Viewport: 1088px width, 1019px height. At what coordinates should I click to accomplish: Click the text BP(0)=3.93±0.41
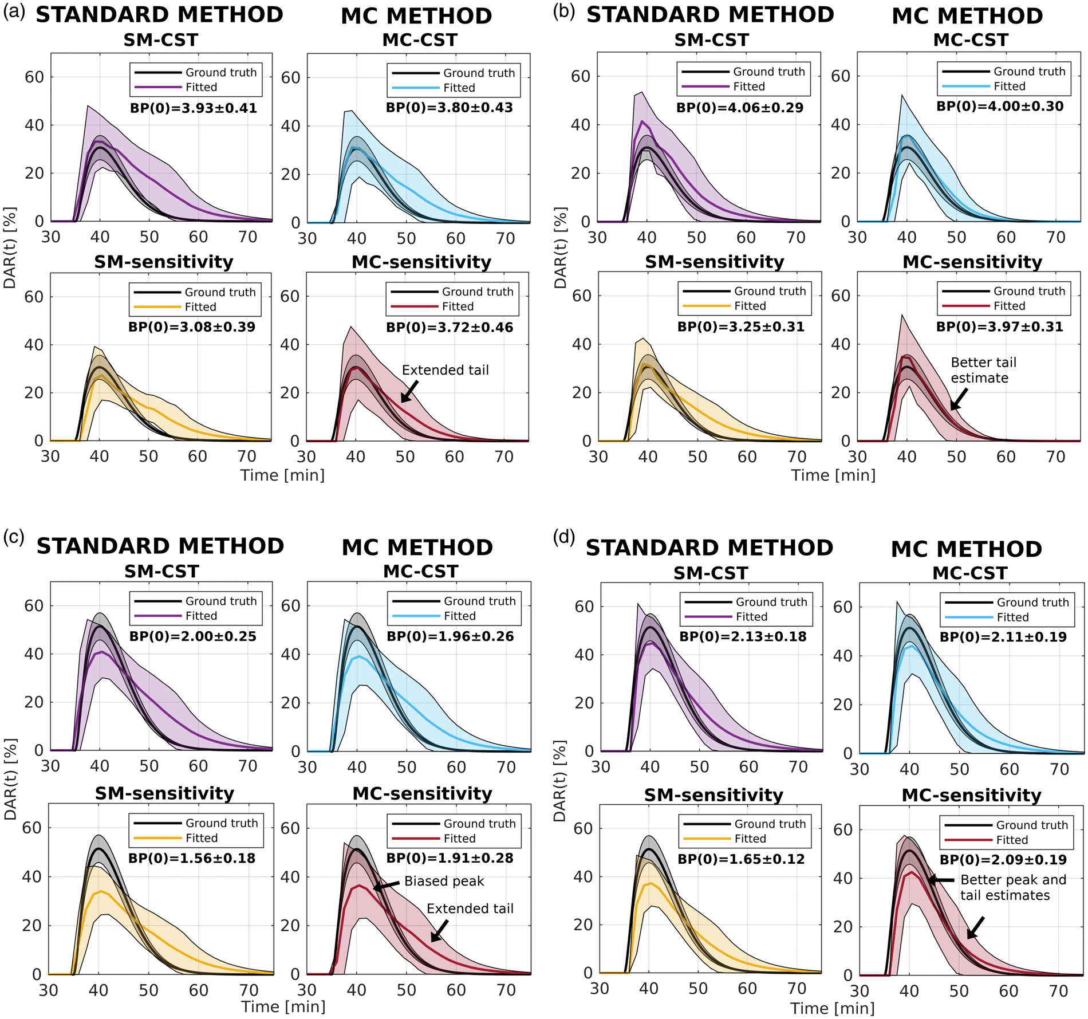[x=194, y=108]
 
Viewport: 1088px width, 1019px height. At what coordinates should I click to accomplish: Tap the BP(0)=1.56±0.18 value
[x=192, y=858]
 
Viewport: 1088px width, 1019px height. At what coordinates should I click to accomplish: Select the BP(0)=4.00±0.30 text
[x=1000, y=107]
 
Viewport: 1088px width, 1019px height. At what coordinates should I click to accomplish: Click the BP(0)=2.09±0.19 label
[x=1003, y=860]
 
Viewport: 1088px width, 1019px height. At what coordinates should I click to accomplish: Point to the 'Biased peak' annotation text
[x=444, y=881]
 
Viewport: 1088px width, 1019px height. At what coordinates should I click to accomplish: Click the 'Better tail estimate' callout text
[x=984, y=370]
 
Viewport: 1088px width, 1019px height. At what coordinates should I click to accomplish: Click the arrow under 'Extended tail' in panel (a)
[x=409, y=392]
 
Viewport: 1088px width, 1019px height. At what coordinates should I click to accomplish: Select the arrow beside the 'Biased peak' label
[x=387, y=886]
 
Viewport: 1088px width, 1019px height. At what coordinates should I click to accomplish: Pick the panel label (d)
[x=564, y=537]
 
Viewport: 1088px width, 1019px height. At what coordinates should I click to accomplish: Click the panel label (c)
[x=14, y=537]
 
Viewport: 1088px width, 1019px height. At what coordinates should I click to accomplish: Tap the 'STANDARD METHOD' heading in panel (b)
[x=710, y=15]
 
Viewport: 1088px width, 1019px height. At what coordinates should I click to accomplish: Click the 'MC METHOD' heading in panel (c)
[x=417, y=548]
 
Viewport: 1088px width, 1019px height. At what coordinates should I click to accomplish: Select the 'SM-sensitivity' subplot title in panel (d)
[x=713, y=795]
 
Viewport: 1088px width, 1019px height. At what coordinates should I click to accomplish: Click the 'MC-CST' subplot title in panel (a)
[x=420, y=40]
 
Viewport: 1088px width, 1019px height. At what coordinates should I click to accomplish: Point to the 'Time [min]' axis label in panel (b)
[x=833, y=475]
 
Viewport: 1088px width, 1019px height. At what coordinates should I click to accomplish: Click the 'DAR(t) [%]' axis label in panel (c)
[x=10, y=779]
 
